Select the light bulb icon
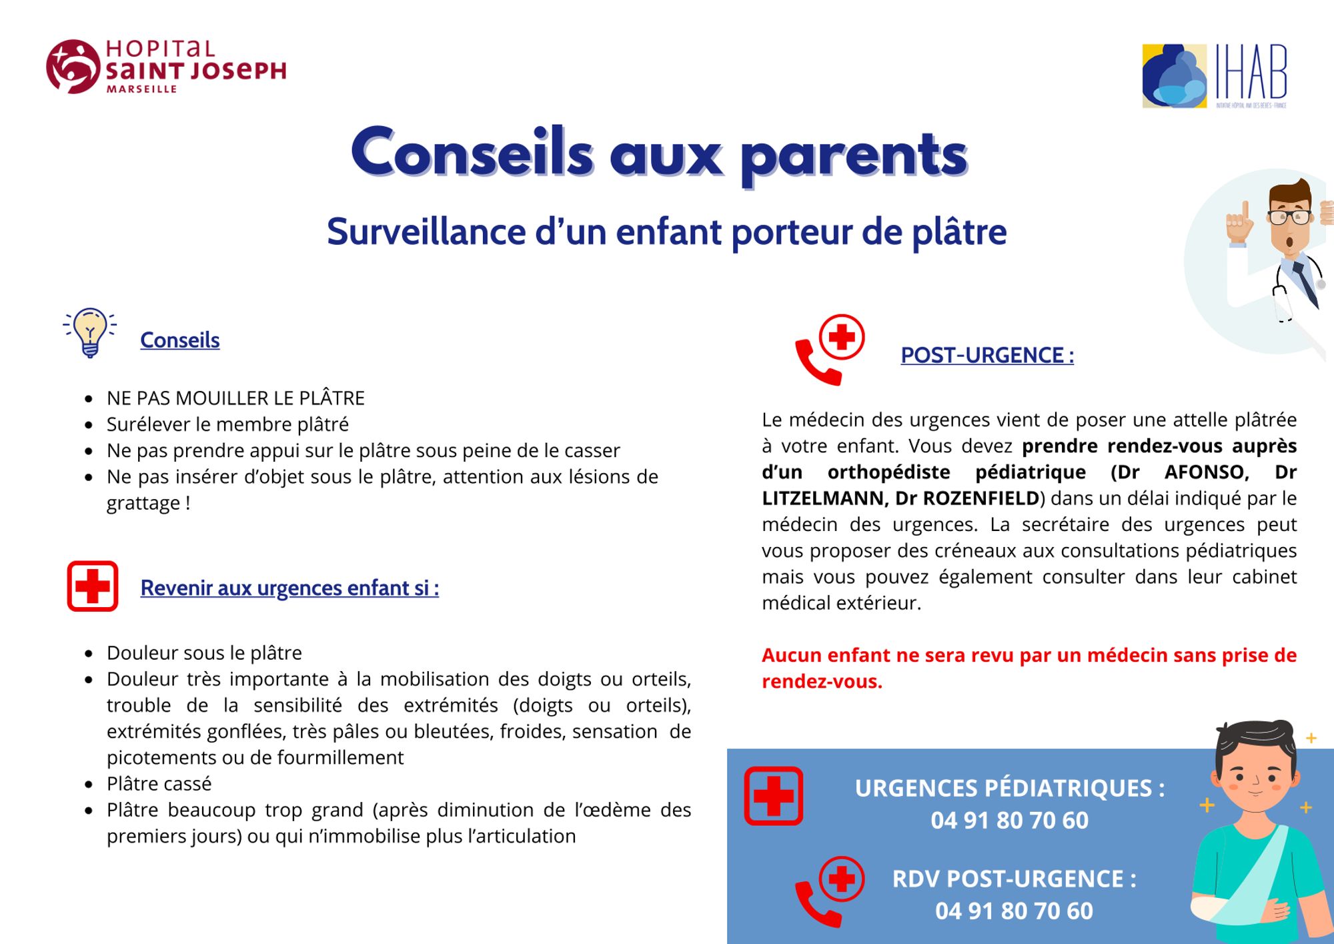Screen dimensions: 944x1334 (90, 332)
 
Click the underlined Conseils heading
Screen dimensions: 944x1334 (179, 340)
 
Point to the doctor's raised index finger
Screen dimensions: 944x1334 (1245, 212)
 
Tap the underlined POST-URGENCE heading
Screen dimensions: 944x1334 (986, 356)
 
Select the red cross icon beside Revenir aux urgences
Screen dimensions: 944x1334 (93, 586)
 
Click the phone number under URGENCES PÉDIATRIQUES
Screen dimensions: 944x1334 (1009, 821)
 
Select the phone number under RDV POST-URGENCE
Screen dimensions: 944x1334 (1014, 911)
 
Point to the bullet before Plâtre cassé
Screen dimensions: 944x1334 (89, 785)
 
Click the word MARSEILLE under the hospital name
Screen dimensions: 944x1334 (141, 89)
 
